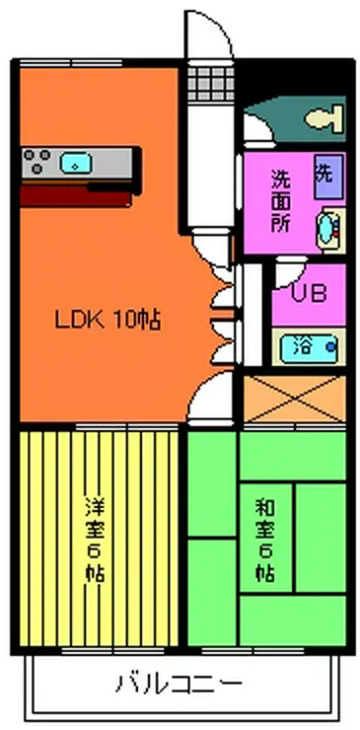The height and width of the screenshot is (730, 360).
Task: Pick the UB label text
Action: (307, 293)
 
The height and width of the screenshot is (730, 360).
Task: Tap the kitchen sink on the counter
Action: (75, 162)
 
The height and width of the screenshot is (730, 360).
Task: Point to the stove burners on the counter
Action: (40, 161)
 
